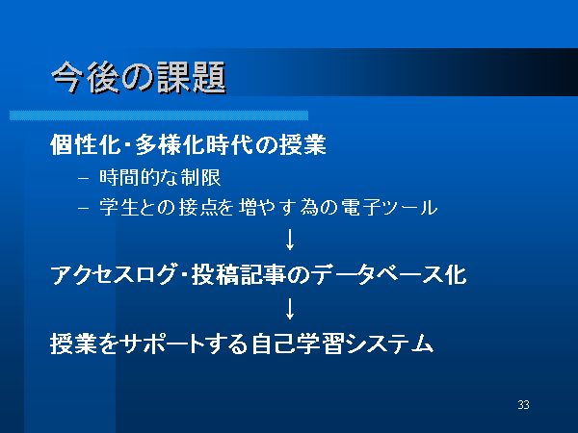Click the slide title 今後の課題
[138, 78]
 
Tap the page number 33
[523, 405]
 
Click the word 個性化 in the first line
[86, 144]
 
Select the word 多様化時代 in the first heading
[194, 144]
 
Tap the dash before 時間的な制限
[84, 179]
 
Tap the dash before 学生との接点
[84, 208]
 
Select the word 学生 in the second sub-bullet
[118, 207]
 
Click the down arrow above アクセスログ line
[290, 240]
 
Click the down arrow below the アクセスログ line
[290, 309]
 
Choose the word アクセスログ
[113, 274]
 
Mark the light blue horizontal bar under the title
[159, 115]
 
